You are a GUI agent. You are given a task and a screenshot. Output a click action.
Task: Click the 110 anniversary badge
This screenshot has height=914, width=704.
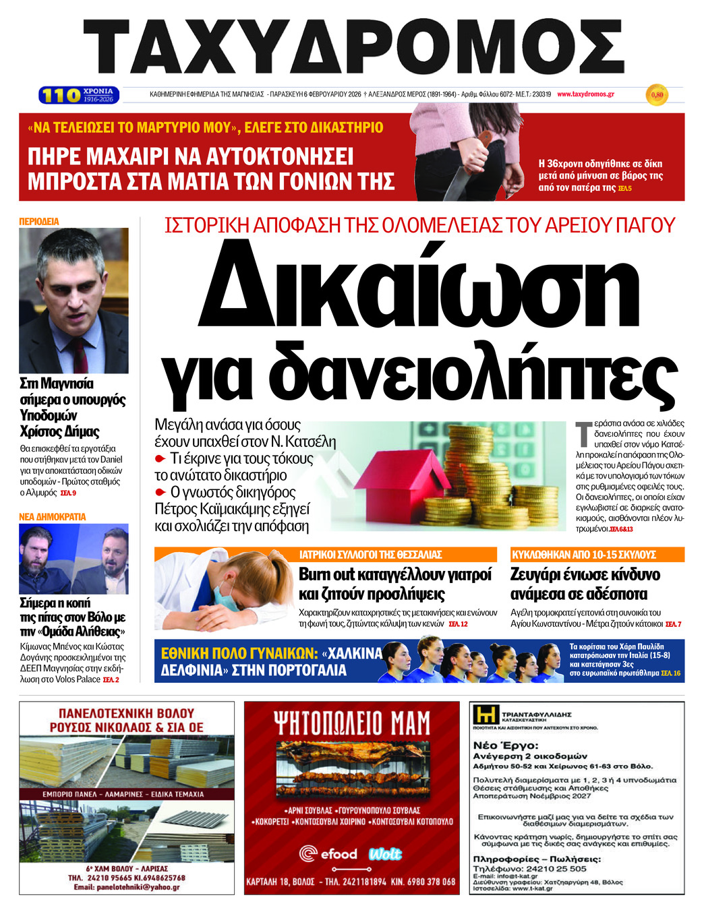pyautogui.click(x=79, y=95)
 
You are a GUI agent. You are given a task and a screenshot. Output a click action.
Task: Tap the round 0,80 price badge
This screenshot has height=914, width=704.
pyautogui.click(x=656, y=95)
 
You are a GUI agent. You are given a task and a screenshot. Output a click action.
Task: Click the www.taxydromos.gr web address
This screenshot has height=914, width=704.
pyautogui.click(x=585, y=94)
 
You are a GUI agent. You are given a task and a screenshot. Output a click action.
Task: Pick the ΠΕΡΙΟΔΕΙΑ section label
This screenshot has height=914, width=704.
pyautogui.click(x=39, y=221)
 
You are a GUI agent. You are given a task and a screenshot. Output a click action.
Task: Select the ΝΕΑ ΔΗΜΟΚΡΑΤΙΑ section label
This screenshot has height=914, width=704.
pyautogui.click(x=53, y=516)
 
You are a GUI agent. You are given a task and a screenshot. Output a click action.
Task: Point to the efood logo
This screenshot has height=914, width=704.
pyautogui.click(x=328, y=854)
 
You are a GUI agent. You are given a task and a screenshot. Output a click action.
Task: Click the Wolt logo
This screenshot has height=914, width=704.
pyautogui.click(x=385, y=854)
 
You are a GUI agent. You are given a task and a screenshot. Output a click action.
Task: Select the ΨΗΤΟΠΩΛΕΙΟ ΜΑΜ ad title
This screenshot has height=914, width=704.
pyautogui.click(x=351, y=723)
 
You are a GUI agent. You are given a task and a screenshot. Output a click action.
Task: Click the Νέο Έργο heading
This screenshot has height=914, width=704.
pyautogui.click(x=506, y=745)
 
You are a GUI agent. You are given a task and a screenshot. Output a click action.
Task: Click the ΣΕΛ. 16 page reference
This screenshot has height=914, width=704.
pyautogui.click(x=671, y=673)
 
